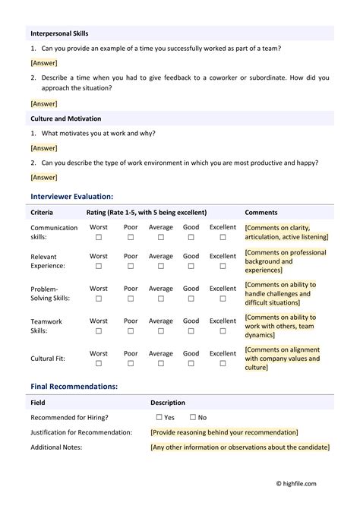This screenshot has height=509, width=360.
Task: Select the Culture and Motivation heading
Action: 65,119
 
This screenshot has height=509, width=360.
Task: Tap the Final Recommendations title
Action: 74,386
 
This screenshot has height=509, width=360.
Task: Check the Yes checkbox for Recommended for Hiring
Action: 159,417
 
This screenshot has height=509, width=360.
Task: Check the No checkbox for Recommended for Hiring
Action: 193,417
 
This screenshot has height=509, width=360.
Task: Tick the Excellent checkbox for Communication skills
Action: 223,237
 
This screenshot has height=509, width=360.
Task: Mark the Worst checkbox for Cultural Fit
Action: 98,363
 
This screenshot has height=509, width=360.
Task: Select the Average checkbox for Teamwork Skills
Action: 160,331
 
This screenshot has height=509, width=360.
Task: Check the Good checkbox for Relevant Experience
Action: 191,266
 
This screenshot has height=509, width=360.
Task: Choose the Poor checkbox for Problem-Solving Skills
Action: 131,299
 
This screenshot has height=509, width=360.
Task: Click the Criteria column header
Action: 42,213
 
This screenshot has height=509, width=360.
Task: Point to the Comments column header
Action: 261,213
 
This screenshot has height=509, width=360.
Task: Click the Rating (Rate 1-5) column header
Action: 146,213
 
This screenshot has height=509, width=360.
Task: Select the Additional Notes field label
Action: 56,447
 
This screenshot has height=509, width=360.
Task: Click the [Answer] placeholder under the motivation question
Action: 43,148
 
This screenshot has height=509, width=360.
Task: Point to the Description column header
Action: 167,403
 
